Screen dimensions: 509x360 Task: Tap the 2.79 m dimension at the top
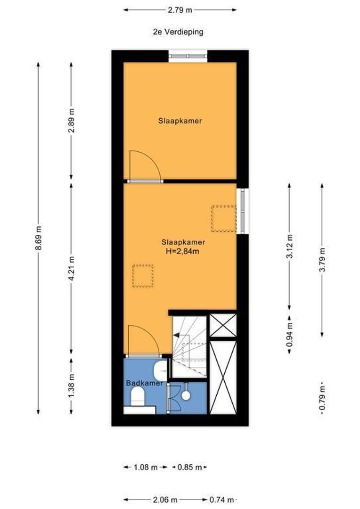click(180, 9)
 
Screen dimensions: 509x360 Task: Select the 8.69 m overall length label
click(38, 239)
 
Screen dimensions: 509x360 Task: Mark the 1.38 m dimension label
click(71, 386)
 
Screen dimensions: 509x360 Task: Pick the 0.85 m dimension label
click(189, 467)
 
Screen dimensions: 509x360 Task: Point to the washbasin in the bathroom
click(161, 371)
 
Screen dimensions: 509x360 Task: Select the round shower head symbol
click(186, 395)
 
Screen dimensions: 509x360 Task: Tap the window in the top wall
click(188, 56)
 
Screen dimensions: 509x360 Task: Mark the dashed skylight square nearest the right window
click(223, 219)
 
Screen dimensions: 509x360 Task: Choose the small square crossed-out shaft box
click(222, 325)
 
